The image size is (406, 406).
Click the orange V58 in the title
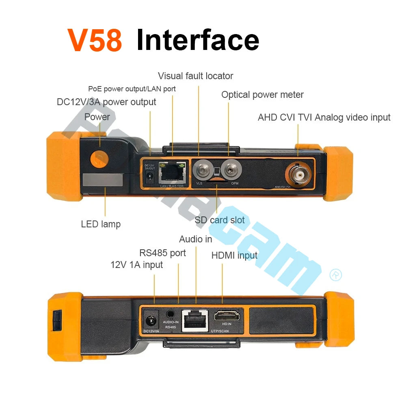(95, 40)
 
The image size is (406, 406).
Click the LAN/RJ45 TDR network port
(172, 172)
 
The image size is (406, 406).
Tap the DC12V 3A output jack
(149, 176)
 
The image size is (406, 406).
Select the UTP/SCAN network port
(195, 320)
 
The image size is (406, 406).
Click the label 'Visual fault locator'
(195, 76)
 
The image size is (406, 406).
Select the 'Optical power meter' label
(262, 95)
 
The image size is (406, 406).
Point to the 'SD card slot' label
(220, 220)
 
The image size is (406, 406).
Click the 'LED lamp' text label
(101, 224)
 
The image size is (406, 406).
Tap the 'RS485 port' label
(162, 253)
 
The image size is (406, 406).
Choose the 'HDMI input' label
(234, 255)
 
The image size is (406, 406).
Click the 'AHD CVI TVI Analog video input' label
(324, 118)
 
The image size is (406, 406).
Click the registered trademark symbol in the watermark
(336, 275)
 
